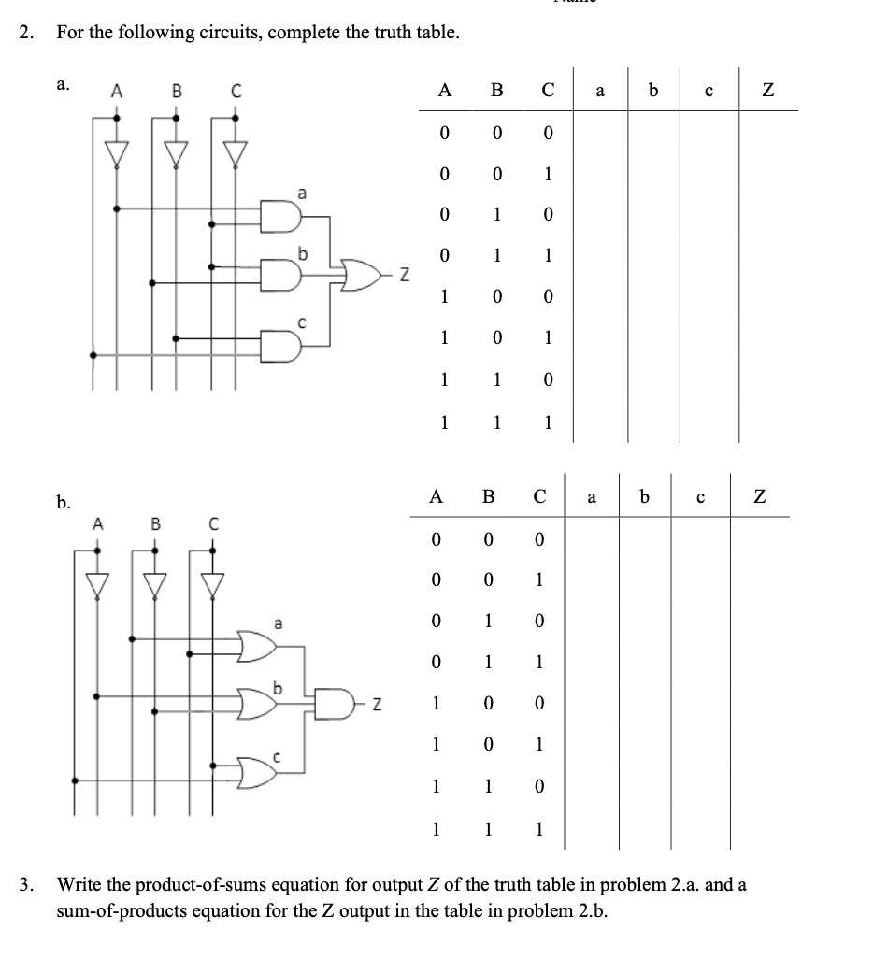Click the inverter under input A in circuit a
tap(116, 150)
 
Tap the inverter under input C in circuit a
tap(235, 150)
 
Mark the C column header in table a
tap(549, 91)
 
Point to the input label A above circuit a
tap(116, 92)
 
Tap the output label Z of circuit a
tap(404, 273)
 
